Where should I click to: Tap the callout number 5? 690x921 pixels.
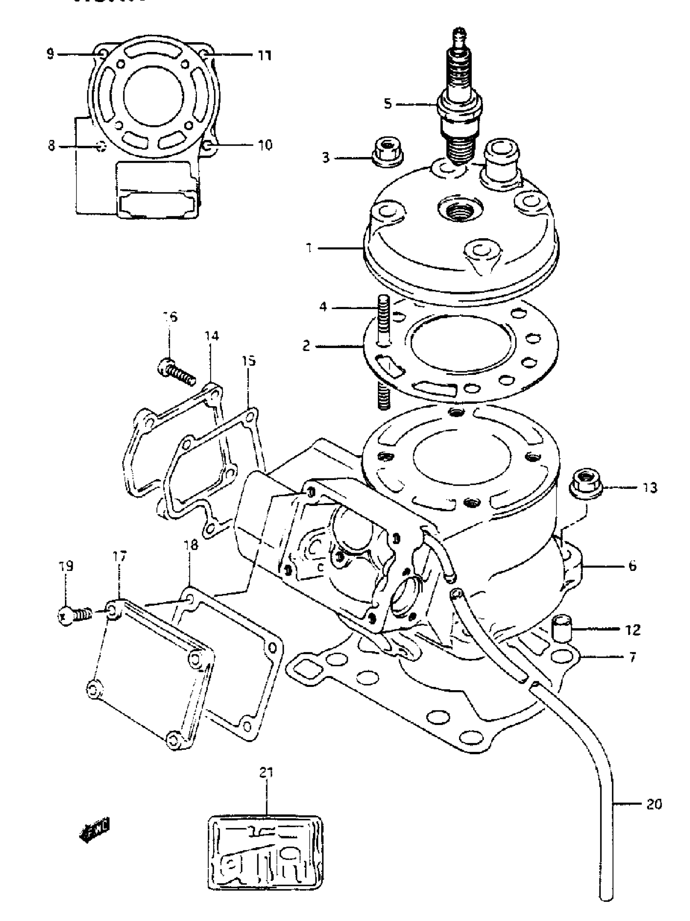click(x=388, y=104)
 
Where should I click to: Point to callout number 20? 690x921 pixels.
click(x=653, y=804)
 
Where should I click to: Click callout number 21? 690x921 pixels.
click(x=266, y=773)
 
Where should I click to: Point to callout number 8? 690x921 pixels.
click(x=51, y=146)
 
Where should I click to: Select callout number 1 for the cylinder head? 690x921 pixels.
click(x=309, y=248)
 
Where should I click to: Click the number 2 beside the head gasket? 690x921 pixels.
click(x=306, y=346)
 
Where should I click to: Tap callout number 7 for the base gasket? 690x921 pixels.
click(x=632, y=657)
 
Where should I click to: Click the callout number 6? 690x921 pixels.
click(x=632, y=566)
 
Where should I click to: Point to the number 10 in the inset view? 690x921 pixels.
click(x=265, y=145)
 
